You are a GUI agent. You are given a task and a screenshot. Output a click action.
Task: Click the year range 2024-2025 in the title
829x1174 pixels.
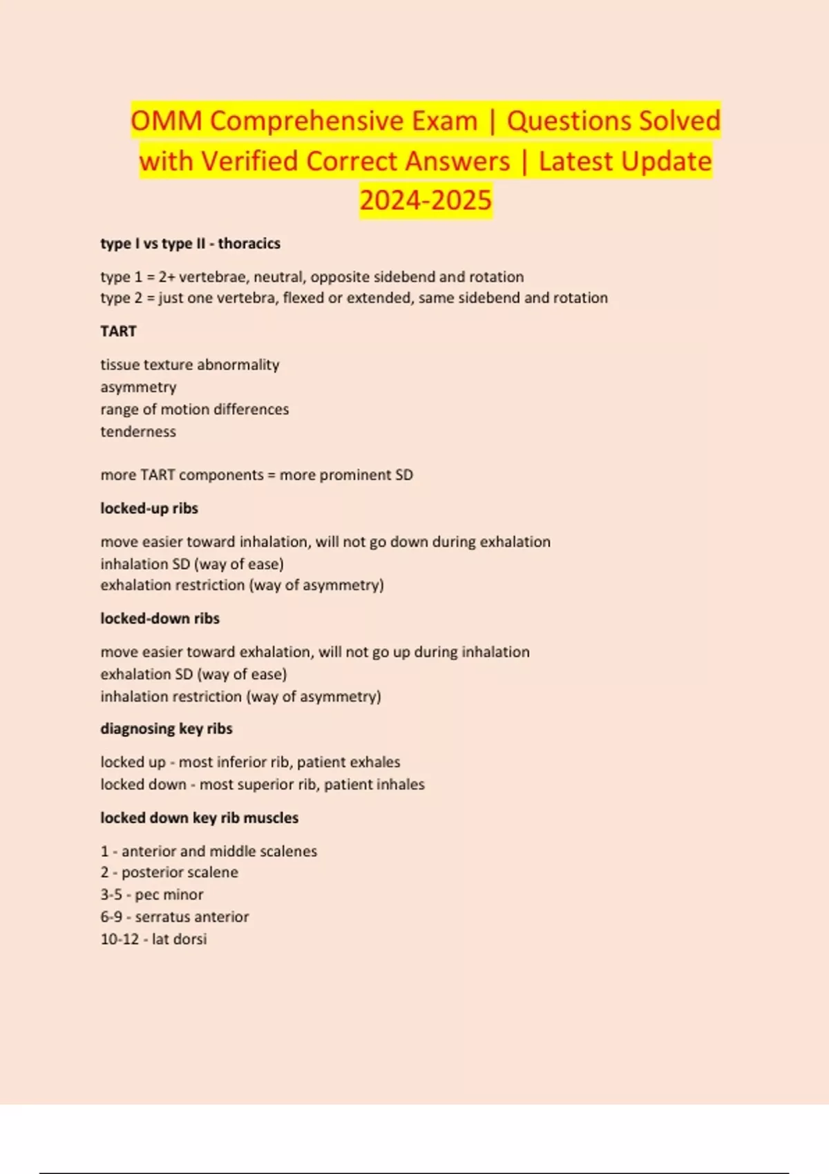point(426,200)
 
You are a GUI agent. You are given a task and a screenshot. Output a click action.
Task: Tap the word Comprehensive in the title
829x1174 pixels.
point(343,121)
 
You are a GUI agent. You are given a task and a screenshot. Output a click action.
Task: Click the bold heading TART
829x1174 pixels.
point(118,331)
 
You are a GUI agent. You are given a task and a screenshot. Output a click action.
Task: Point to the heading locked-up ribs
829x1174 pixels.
point(149,508)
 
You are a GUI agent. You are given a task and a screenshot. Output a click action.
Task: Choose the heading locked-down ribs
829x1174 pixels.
point(160,618)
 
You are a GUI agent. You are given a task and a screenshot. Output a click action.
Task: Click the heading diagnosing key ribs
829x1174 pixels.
point(166,729)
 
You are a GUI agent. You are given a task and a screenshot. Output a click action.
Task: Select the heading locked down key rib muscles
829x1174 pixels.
point(200,818)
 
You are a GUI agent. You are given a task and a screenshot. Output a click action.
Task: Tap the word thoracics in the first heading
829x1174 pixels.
point(249,243)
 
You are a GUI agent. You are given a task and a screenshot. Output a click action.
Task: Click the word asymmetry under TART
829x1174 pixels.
point(138,387)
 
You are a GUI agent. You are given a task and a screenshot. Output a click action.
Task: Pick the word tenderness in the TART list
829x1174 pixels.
point(138,432)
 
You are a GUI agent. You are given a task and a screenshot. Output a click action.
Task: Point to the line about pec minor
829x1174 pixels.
point(152,894)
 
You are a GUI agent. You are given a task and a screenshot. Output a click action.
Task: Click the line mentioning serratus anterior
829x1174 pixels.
point(175,916)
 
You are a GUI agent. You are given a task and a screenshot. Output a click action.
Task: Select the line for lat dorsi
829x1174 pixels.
point(153,939)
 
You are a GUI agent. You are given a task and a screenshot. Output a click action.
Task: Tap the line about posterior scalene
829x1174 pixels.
point(169,872)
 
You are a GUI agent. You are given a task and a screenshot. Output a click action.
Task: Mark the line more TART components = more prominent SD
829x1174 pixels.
point(256,475)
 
